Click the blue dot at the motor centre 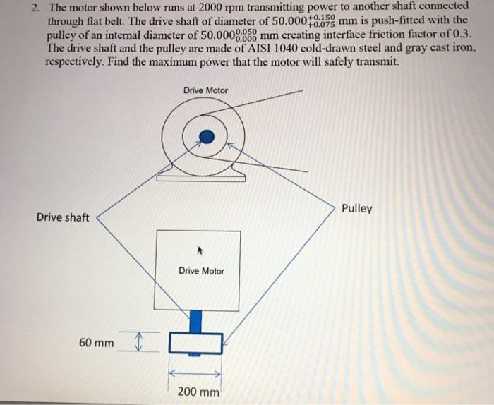pyautogui.click(x=205, y=135)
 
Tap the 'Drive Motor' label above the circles pyautogui.click(x=205, y=90)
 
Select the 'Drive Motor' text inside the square pyautogui.click(x=201, y=271)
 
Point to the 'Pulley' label pyautogui.click(x=356, y=209)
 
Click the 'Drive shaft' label pyautogui.click(x=63, y=217)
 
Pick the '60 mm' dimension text pyautogui.click(x=96, y=343)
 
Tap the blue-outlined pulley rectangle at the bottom pyautogui.click(x=195, y=344)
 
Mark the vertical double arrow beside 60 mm pyautogui.click(x=138, y=342)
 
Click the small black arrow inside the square pyautogui.click(x=200, y=249)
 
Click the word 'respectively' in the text pyautogui.click(x=77, y=61)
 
